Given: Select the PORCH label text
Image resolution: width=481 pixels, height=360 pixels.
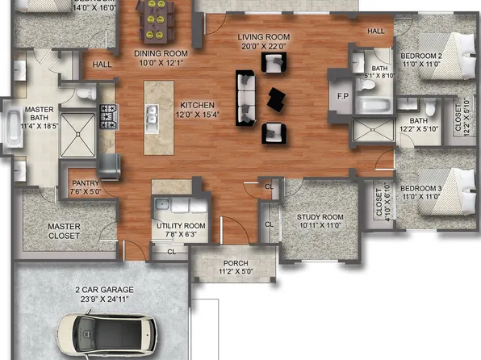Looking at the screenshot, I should click(235, 263).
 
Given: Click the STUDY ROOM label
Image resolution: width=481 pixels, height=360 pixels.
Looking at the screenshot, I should click(320, 217).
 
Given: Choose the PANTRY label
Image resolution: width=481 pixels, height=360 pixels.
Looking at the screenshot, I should click(84, 183).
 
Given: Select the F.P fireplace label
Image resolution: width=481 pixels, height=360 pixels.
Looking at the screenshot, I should click(342, 96).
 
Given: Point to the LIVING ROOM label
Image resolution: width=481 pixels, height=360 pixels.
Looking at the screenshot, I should click(262, 38).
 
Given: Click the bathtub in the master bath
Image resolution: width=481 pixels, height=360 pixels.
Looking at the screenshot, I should click(15, 128).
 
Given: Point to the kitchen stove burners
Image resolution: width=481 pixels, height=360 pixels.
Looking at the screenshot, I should click(107, 110).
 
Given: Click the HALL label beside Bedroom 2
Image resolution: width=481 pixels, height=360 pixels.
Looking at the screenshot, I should click(376, 31).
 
